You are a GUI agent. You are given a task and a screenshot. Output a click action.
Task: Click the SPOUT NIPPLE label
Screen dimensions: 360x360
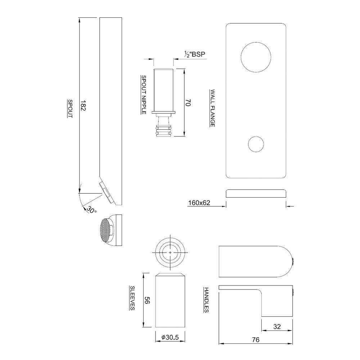click(x=143, y=94)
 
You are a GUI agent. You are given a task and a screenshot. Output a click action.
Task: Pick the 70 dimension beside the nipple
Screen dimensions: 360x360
click(x=187, y=103)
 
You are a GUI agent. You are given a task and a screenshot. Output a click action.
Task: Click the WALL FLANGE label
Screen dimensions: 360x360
click(x=212, y=108)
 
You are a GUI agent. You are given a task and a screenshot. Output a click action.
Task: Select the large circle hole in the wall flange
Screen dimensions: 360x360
click(x=256, y=57)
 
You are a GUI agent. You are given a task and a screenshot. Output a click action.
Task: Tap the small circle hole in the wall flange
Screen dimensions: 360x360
click(x=256, y=144)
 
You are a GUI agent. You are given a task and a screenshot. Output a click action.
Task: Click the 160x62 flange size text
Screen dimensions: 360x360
click(x=199, y=203)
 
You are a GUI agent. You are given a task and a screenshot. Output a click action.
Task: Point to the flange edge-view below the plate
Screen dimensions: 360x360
click(x=256, y=194)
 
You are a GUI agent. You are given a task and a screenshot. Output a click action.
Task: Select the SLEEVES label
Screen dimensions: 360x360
click(x=132, y=298)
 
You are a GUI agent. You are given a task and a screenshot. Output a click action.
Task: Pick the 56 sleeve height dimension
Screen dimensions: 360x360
click(x=147, y=300)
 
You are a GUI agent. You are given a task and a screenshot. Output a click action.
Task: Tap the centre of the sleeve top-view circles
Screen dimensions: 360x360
click(x=170, y=253)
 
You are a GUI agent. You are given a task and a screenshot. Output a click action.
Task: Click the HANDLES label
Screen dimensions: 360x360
click(x=206, y=300)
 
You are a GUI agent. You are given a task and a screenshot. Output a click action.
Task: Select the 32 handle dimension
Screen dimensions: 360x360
click(x=276, y=327)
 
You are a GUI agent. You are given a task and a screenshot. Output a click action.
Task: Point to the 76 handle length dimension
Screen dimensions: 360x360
click(x=256, y=339)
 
